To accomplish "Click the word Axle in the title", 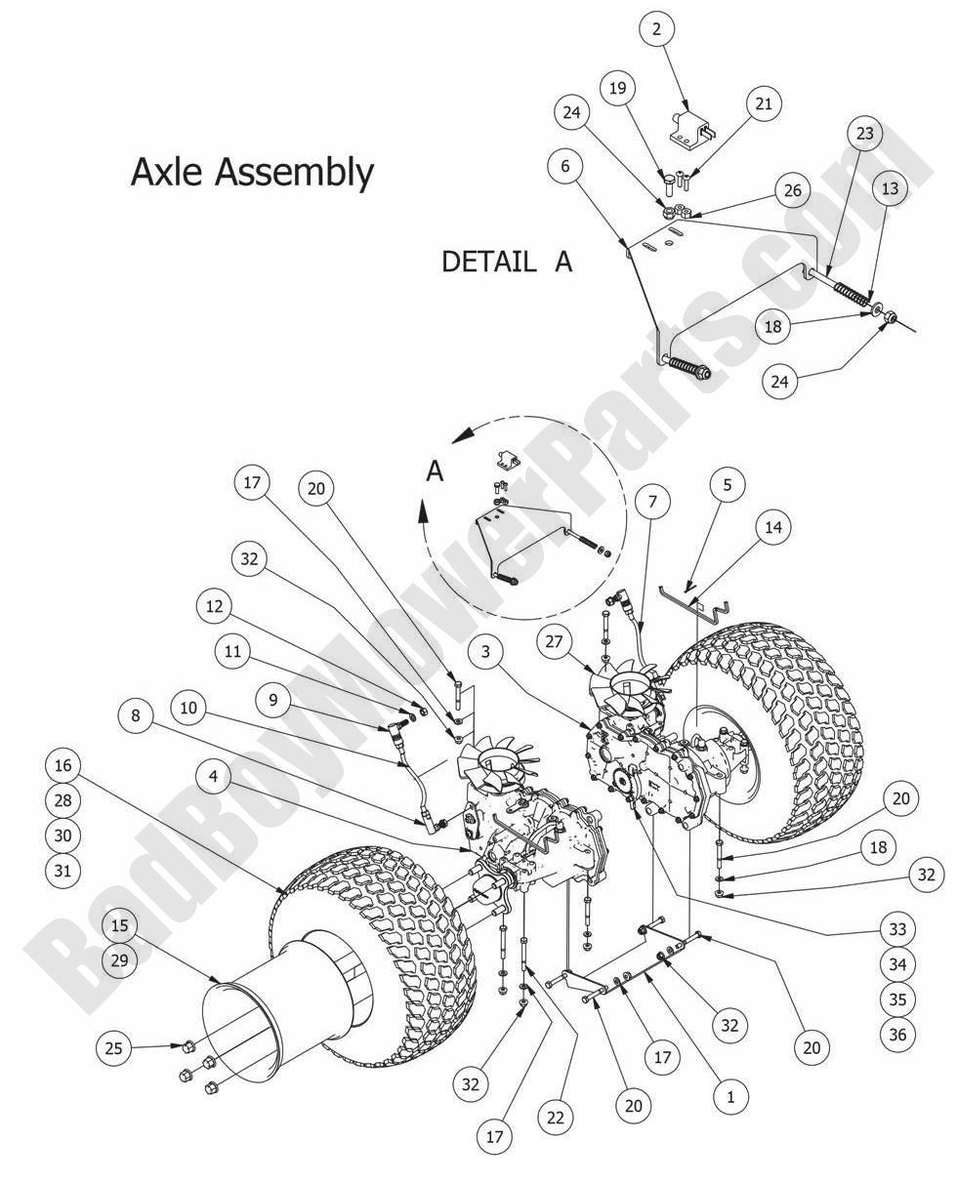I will [x=168, y=172].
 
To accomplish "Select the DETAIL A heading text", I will [x=506, y=262].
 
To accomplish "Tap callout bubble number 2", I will [x=656, y=29].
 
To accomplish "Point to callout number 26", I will [x=792, y=189].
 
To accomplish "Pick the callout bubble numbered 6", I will [x=564, y=167].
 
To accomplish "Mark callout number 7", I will [x=652, y=502].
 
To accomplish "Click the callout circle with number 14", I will [x=772, y=527].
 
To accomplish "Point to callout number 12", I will [x=214, y=606].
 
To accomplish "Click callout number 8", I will [x=135, y=715].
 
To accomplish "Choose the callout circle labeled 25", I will [x=114, y=1049].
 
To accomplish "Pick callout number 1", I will [x=729, y=1096].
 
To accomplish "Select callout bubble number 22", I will [x=556, y=1118].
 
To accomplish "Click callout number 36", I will [x=897, y=1034].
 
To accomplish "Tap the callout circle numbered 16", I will [x=62, y=765].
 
